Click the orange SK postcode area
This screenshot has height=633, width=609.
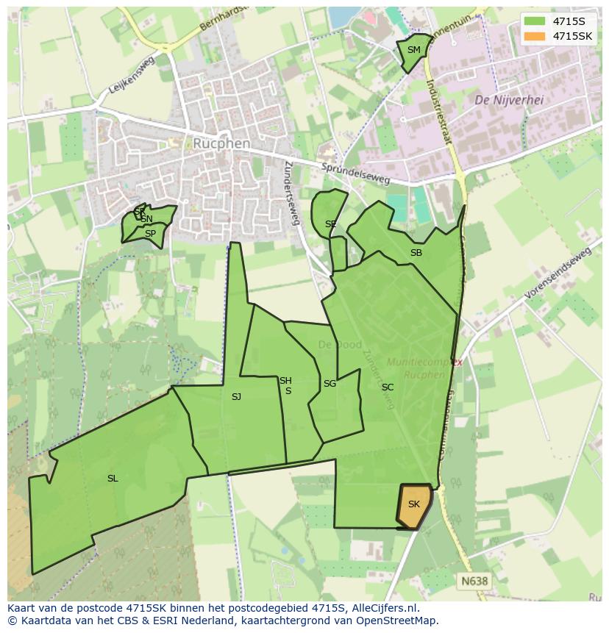pyautogui.click(x=414, y=505)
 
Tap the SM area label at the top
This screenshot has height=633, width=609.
pyautogui.click(x=414, y=50)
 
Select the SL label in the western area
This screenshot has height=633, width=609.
pyautogui.click(x=113, y=479)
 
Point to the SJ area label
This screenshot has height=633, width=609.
pyautogui.click(x=236, y=397)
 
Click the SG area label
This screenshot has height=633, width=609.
pyautogui.click(x=330, y=384)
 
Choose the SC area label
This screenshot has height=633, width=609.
pyautogui.click(x=388, y=387)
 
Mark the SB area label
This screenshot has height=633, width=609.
pyautogui.click(x=416, y=253)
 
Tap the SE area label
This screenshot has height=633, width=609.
pyautogui.click(x=331, y=224)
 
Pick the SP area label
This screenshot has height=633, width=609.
pyautogui.click(x=150, y=234)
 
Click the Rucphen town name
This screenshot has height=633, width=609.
pyautogui.click(x=221, y=143)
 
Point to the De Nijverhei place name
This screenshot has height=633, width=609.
pyautogui.click(x=509, y=100)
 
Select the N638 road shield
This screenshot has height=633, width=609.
pyautogui.click(x=474, y=581)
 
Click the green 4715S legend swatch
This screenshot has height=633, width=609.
pyautogui.click(x=535, y=21)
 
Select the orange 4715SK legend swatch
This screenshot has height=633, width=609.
pyautogui.click(x=535, y=36)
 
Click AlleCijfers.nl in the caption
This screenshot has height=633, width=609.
pyautogui.click(x=381, y=608)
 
